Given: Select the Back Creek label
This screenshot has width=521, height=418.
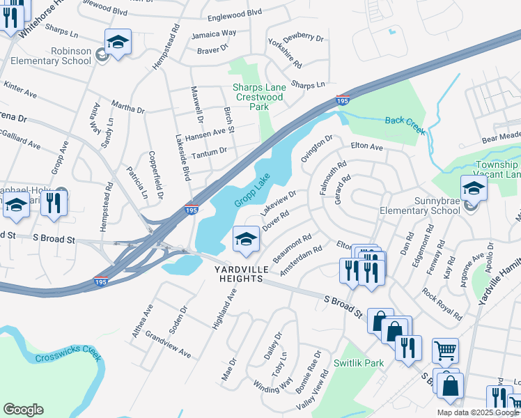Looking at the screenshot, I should coord(405,121).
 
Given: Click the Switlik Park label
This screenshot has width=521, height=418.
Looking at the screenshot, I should coord(359,363).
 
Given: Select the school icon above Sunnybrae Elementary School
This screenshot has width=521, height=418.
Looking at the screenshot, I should coord(473,187).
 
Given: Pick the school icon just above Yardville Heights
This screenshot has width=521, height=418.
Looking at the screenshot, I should coord(246,240).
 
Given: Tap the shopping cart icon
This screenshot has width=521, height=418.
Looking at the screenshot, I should coord(445,350).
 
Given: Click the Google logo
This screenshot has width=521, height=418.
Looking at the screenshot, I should coord(23,409).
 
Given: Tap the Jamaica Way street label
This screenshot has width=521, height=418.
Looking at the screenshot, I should coord(215,33).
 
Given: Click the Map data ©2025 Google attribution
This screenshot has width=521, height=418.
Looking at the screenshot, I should coord(478,412).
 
